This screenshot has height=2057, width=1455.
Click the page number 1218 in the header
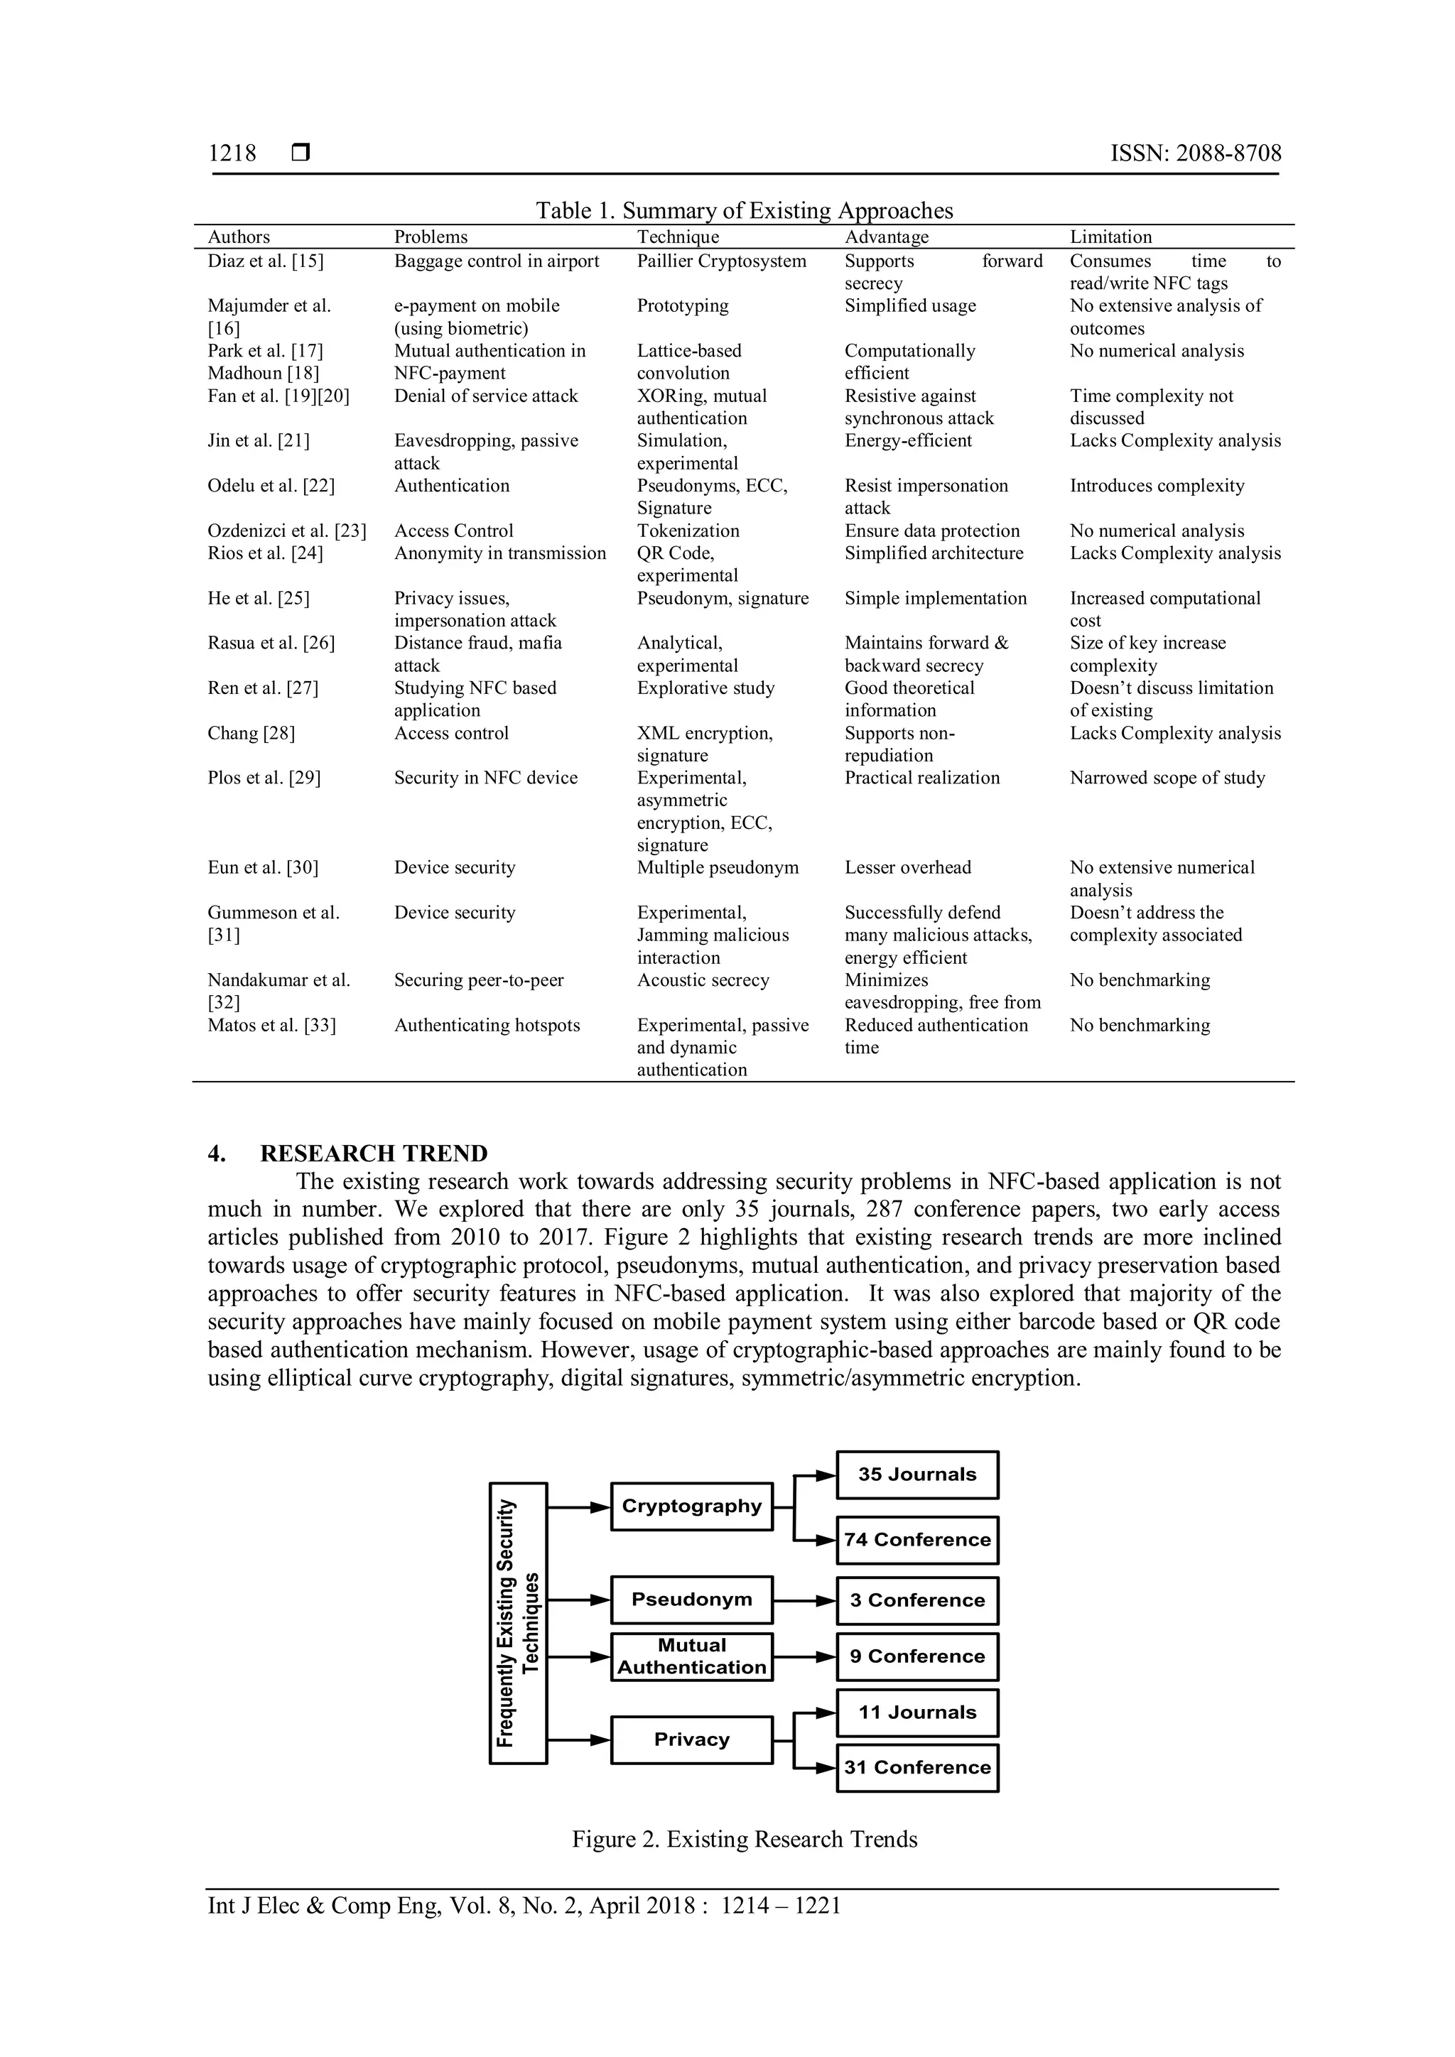[x=232, y=153]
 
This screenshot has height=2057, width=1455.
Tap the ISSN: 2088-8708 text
[x=1195, y=153]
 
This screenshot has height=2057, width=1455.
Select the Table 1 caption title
[x=744, y=210]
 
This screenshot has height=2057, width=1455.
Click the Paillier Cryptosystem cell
[x=721, y=261]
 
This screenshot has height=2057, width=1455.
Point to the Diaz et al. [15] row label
[x=265, y=261]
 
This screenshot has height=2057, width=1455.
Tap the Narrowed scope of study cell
[x=1167, y=778]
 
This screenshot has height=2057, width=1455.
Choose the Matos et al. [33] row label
[x=271, y=1025]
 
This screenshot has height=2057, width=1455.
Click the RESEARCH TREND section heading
[x=374, y=1153]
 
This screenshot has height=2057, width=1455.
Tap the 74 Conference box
[x=916, y=1539]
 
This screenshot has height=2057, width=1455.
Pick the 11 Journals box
[x=916, y=1712]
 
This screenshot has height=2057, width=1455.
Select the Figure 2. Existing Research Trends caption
[x=745, y=1839]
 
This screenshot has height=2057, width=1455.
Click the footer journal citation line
[x=524, y=1906]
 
